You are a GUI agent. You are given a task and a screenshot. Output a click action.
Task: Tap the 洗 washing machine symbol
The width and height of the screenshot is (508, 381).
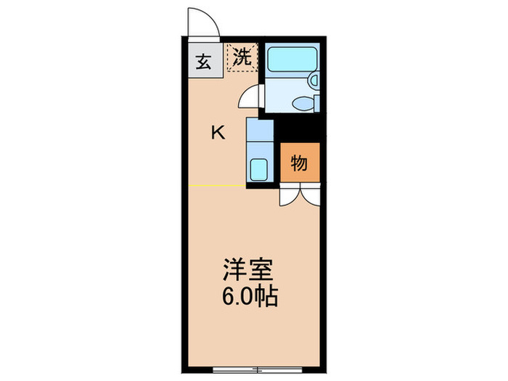pos(241,57)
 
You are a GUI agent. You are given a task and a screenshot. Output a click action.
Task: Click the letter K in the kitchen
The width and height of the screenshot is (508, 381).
pos(217,132)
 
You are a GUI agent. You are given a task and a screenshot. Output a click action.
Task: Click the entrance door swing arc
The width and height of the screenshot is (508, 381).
pos(202,22)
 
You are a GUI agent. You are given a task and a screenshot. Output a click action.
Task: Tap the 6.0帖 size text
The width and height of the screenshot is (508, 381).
pos(250,296)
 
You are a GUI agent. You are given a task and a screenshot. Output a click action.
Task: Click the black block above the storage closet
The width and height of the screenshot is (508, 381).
pos(299,131)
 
